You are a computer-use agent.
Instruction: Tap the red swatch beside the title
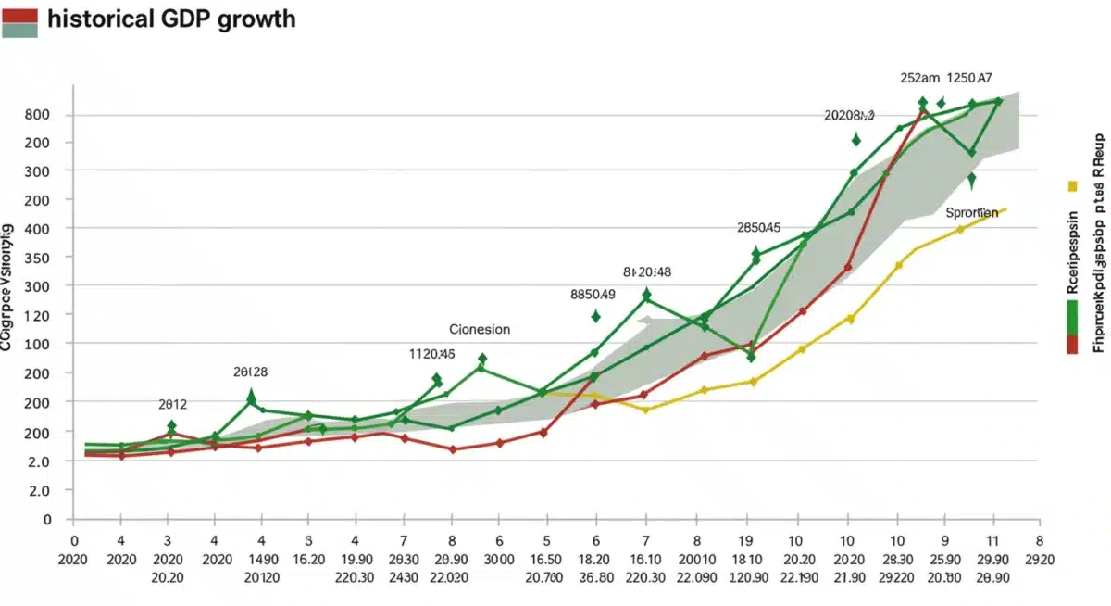click(x=20, y=13)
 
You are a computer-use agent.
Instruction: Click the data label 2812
click(x=172, y=404)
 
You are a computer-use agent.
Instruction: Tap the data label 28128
click(x=250, y=372)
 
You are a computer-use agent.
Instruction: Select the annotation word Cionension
click(x=479, y=329)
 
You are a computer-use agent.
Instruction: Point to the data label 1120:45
click(x=431, y=353)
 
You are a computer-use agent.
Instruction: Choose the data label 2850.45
click(x=758, y=227)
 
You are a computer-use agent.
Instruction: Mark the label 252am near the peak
click(x=919, y=79)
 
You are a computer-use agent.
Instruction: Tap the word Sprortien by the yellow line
click(x=971, y=212)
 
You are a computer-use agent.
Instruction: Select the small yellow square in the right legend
click(x=1072, y=185)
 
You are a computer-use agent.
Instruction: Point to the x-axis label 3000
click(x=498, y=560)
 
